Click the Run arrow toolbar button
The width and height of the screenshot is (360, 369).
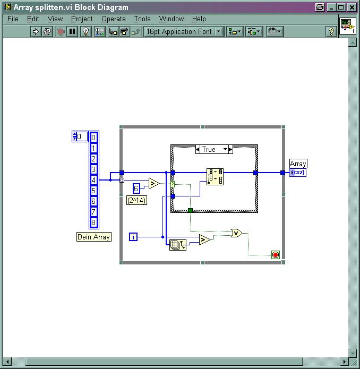click(36, 31)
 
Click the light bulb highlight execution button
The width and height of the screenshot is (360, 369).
click(85, 31)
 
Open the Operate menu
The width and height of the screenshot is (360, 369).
click(114, 19)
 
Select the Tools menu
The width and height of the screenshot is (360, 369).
click(142, 19)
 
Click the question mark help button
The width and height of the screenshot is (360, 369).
click(331, 31)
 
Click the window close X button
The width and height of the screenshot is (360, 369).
click(352, 7)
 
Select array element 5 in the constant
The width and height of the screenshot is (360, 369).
click(93, 191)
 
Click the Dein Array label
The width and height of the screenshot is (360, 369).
click(94, 237)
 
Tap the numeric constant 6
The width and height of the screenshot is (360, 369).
click(136, 188)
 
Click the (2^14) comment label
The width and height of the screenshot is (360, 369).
click(136, 200)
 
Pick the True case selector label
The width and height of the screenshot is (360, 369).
click(209, 149)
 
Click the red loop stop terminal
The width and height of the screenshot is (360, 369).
click(276, 255)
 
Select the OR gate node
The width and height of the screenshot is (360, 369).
click(236, 233)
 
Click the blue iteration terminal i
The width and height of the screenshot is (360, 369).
click(133, 237)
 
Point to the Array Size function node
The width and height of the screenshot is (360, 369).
click(178, 245)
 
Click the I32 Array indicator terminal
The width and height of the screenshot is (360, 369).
click(298, 173)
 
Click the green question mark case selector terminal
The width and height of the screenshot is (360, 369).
click(173, 184)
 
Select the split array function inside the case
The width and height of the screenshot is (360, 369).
click(215, 177)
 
